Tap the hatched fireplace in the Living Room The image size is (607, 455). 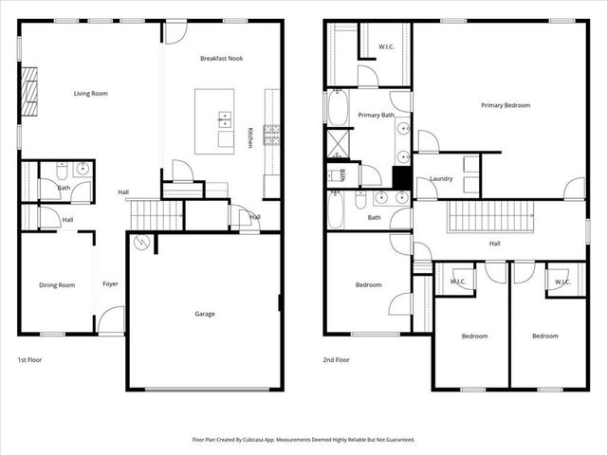pyautogui.click(x=29, y=91)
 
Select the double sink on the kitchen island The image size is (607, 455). pyautogui.click(x=226, y=119)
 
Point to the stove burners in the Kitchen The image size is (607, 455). pyautogui.click(x=271, y=133)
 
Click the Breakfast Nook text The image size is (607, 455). pyautogui.click(x=221, y=59)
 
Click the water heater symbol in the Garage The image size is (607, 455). pyautogui.click(x=141, y=244)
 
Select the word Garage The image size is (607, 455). pyautogui.click(x=205, y=314)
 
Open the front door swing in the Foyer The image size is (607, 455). pyautogui.click(x=111, y=319)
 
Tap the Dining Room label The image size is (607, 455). pyautogui.click(x=56, y=284)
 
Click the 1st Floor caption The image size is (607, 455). pyautogui.click(x=29, y=360)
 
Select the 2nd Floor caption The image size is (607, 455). pyautogui.click(x=337, y=360)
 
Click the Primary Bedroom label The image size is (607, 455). pyautogui.click(x=505, y=105)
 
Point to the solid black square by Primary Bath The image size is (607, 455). pyautogui.click(x=401, y=177)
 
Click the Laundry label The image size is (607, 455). pyautogui.click(x=441, y=178)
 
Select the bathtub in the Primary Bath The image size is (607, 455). pyautogui.click(x=339, y=109)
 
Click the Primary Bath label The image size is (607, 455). pyautogui.click(x=376, y=115)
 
